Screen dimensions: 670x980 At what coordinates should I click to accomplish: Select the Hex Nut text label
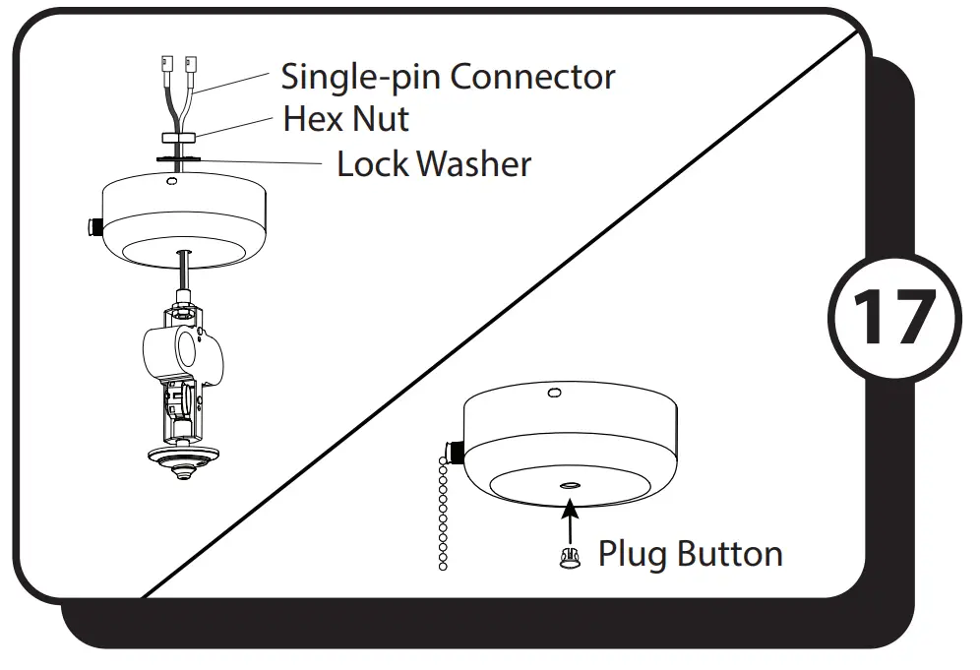pos(345,119)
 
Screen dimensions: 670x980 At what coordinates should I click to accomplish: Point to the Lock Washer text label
pos(434,163)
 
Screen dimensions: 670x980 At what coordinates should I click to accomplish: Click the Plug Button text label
pos(690,554)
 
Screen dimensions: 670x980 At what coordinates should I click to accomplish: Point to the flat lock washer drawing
pos(177,155)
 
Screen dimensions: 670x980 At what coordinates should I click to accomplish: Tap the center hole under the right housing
pos(570,486)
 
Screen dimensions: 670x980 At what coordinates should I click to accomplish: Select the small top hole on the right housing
pos(554,393)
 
